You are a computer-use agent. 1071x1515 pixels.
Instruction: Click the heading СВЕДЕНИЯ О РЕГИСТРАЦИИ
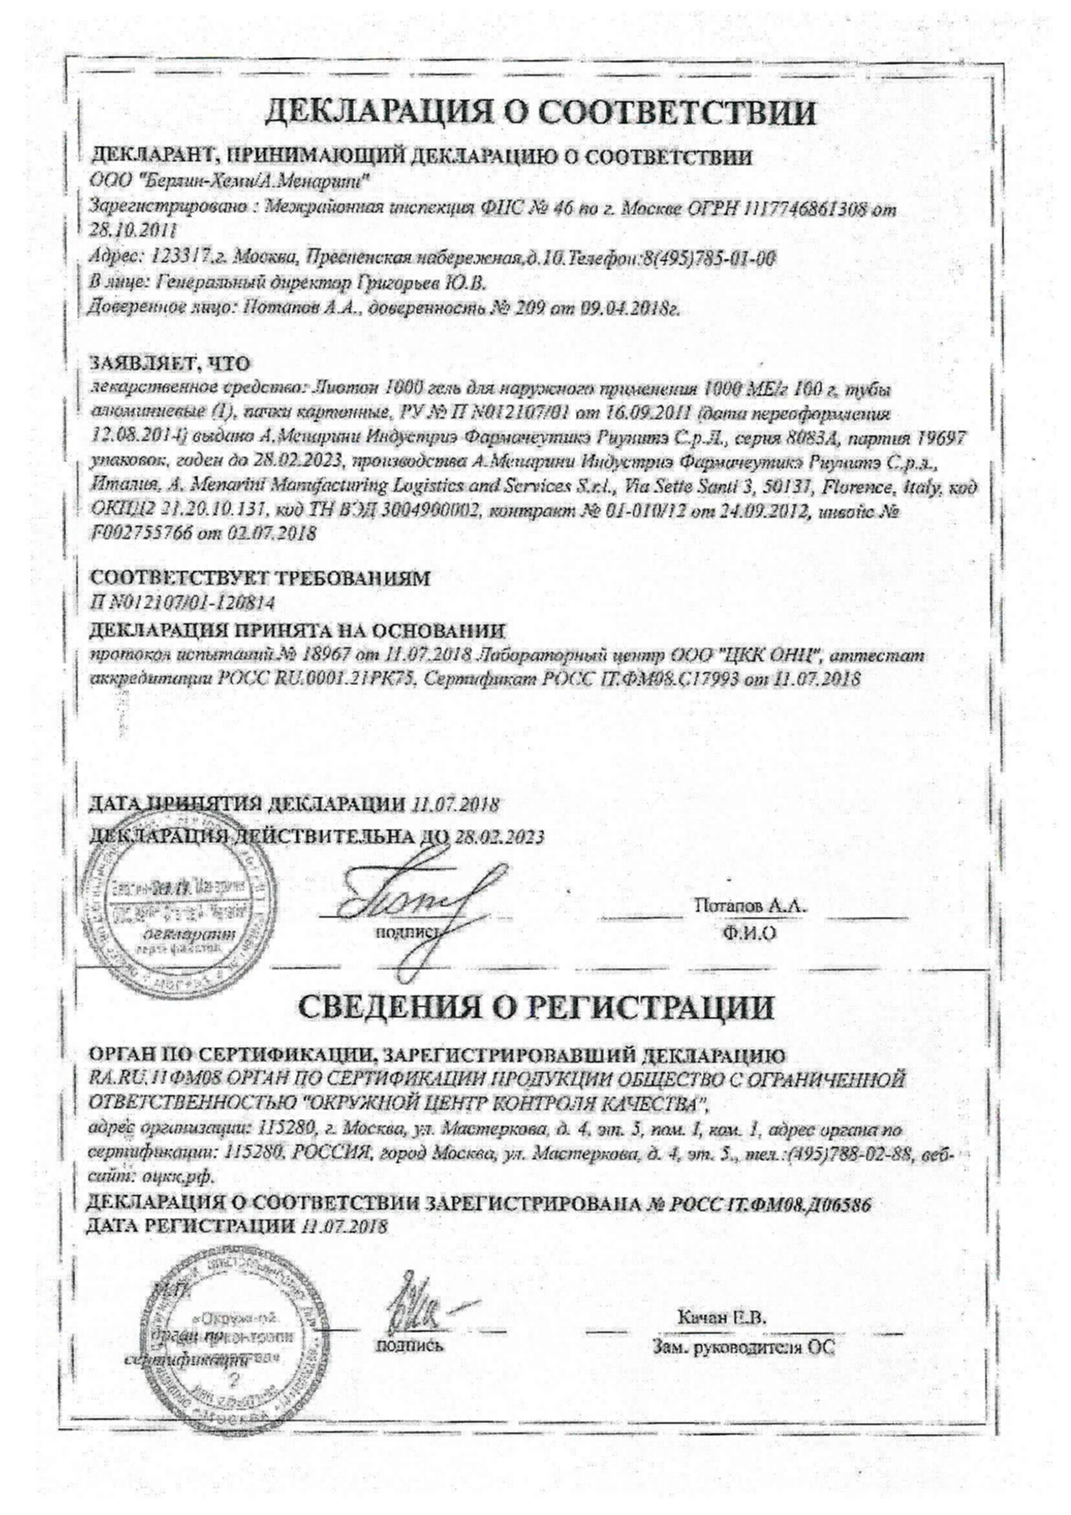pos(536,1008)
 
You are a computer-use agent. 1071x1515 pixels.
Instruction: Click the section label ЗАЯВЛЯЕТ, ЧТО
pos(170,364)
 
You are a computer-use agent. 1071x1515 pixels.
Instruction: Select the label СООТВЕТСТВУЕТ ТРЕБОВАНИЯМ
pos(259,579)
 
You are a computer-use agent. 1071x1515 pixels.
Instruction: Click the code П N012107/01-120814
pos(182,603)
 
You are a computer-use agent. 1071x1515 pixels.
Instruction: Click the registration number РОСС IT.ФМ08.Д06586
pos(769,1205)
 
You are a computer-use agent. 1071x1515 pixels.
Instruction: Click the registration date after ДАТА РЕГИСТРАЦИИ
pos(344,1227)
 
